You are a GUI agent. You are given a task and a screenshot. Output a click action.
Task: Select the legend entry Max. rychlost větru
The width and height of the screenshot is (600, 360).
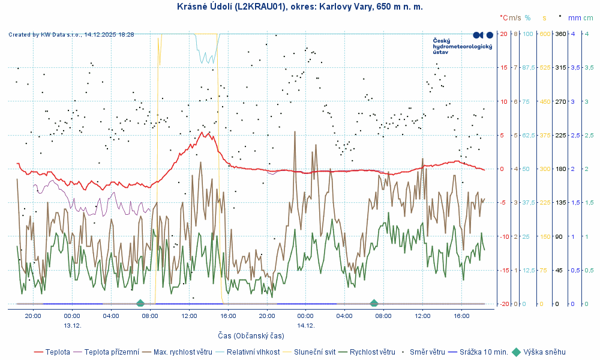(x=183, y=352)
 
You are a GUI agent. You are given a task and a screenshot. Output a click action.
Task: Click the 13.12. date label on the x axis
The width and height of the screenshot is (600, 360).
(x=72, y=325)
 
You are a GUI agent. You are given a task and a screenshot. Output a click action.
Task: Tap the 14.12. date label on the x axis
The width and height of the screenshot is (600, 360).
(x=305, y=325)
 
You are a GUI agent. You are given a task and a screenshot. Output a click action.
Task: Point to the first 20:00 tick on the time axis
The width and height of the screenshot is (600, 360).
(x=33, y=316)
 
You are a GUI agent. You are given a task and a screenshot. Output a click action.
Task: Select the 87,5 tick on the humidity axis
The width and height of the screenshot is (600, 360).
(x=529, y=68)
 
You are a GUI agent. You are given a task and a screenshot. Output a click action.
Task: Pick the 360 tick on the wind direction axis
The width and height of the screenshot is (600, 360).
(x=560, y=34)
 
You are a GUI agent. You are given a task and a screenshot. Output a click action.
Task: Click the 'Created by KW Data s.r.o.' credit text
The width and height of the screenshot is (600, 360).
(x=71, y=35)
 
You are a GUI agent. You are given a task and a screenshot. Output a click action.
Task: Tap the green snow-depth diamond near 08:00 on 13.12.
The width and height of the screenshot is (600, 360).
(x=140, y=303)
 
